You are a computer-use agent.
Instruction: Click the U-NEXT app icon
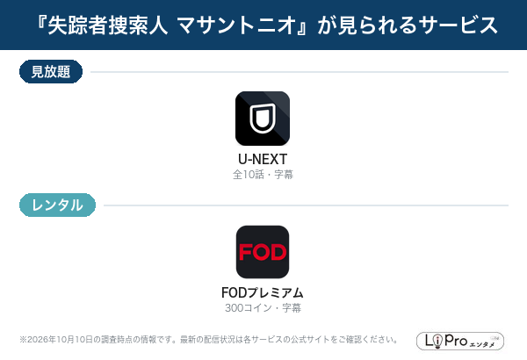[263, 119]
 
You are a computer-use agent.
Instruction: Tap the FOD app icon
[263, 252]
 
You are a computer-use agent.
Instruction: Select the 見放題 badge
[51, 72]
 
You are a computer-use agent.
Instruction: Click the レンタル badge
[57, 205]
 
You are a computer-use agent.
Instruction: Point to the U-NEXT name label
[263, 159]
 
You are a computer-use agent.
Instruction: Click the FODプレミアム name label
[263, 292]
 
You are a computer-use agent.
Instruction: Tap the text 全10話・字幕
[263, 175]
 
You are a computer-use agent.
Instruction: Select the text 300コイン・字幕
[263, 308]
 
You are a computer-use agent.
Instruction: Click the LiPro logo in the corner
[460, 341]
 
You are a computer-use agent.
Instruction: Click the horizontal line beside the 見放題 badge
[300, 72]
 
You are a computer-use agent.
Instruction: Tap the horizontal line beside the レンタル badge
[306, 205]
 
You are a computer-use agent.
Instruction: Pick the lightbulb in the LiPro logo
[437, 342]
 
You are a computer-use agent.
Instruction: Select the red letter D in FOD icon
[278, 252]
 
